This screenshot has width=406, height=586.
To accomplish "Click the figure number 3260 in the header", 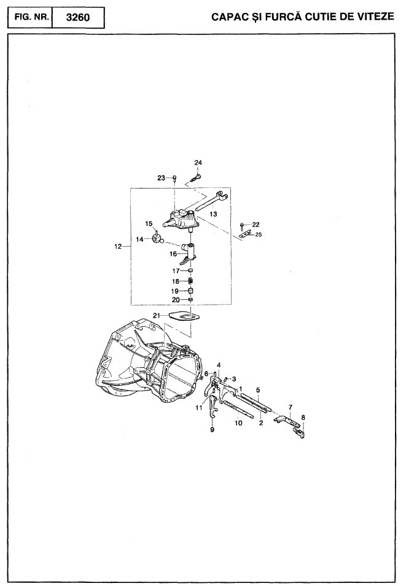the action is [78, 18].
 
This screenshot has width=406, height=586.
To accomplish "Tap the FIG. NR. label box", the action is [30, 18].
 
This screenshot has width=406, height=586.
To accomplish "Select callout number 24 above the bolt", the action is [198, 163].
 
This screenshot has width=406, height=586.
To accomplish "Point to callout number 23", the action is [161, 178].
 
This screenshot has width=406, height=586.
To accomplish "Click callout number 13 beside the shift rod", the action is [213, 214].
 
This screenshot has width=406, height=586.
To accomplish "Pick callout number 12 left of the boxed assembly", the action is [118, 246].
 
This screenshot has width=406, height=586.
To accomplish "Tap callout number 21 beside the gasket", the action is [156, 316].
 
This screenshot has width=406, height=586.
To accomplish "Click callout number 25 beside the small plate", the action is [259, 235].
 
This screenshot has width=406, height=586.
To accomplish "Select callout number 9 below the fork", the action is [213, 430].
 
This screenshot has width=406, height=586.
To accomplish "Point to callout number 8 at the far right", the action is [303, 417].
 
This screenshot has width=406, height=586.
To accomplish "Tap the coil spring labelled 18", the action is [190, 281].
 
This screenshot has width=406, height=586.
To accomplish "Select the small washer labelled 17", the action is [190, 270].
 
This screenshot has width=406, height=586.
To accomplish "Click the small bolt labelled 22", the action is [242, 225].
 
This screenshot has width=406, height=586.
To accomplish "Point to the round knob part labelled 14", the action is [157, 238].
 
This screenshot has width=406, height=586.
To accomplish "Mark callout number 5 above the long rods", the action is [258, 390].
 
